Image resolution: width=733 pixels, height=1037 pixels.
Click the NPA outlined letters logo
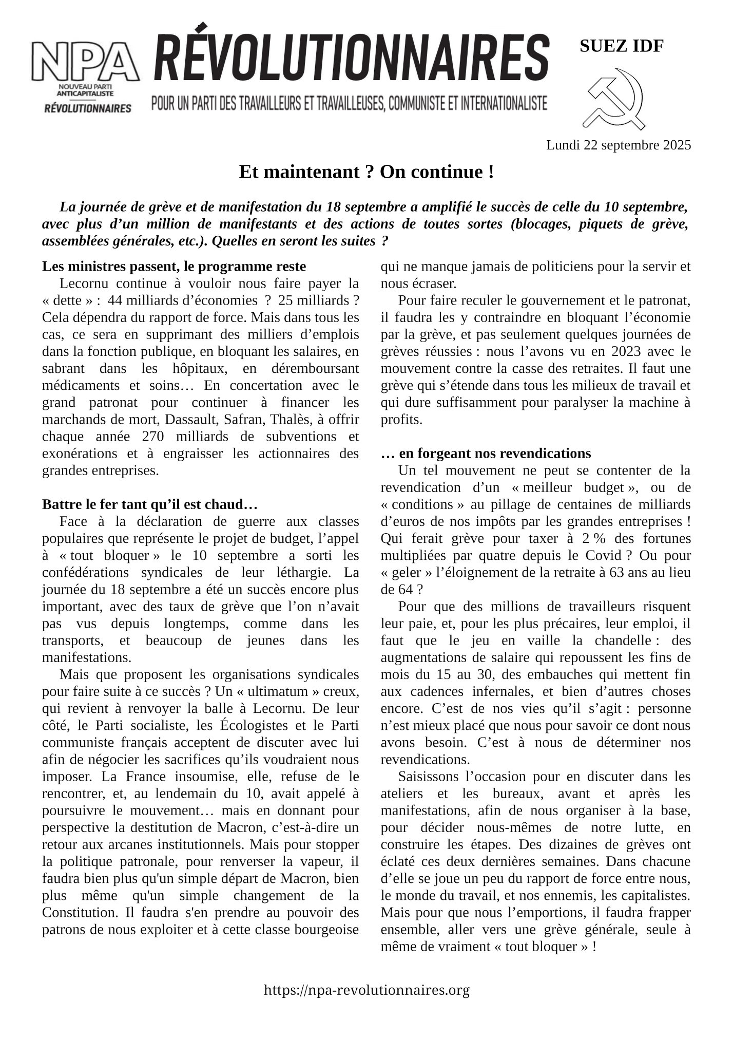[85, 61]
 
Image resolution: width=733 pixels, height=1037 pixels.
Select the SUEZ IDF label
[621, 46]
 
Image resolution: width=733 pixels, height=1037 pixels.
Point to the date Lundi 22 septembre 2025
[618, 145]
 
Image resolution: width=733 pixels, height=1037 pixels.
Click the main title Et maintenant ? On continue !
[366, 172]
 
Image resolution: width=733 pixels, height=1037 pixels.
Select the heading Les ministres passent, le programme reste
[173, 267]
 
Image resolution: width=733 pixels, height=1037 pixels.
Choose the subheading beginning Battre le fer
[149, 504]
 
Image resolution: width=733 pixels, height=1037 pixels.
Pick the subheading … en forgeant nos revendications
[486, 454]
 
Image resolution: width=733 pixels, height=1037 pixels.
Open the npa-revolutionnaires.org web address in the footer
[366, 990]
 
